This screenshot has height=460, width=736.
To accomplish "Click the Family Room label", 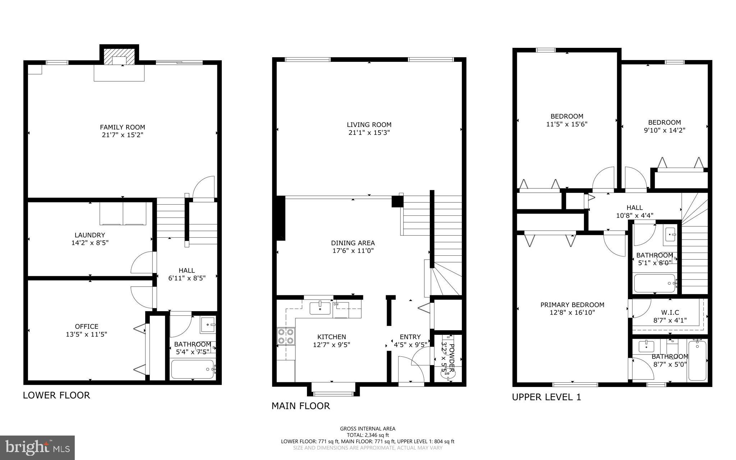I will [122, 127].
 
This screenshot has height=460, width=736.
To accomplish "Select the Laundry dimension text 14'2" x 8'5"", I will [90, 243].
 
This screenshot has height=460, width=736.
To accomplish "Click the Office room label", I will [86, 326].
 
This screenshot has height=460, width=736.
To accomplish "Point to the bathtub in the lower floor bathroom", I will [193, 369].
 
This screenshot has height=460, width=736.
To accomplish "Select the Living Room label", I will [369, 124].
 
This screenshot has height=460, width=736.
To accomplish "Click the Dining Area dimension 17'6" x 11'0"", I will [353, 251].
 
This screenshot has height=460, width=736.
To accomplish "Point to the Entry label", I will [410, 337].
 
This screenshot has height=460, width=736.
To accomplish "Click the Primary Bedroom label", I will [572, 305].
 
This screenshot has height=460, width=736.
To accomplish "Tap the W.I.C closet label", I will [670, 312].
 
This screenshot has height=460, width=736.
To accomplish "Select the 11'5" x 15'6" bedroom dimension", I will [567, 124].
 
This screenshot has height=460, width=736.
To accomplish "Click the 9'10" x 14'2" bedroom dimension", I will [664, 130].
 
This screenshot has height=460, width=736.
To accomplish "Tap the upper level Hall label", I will [634, 208].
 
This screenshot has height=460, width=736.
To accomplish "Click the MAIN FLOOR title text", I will [300, 406].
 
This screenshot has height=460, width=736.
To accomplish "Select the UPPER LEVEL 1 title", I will [546, 397].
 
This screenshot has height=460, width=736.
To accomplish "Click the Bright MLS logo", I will [37, 447].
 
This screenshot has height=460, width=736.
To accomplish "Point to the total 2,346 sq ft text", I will [368, 435].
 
